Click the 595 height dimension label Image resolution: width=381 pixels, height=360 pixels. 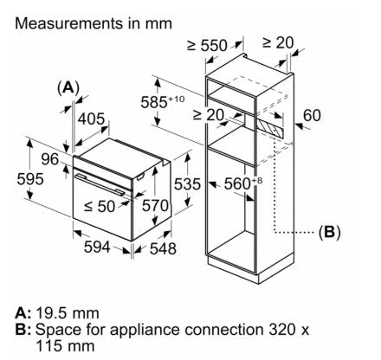click(30, 179)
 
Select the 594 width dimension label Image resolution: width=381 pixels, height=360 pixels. click(97, 247)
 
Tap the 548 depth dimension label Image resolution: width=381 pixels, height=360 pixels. click(163, 248)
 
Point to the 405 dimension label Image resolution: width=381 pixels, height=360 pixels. click(92, 119)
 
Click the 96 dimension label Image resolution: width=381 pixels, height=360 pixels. click(50, 159)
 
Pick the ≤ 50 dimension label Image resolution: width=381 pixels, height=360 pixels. click(100, 206)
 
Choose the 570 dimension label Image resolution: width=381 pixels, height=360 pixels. click(155, 206)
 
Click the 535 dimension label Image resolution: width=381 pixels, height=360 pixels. click(187, 184)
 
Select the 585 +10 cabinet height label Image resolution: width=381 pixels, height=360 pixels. click(162, 102)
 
